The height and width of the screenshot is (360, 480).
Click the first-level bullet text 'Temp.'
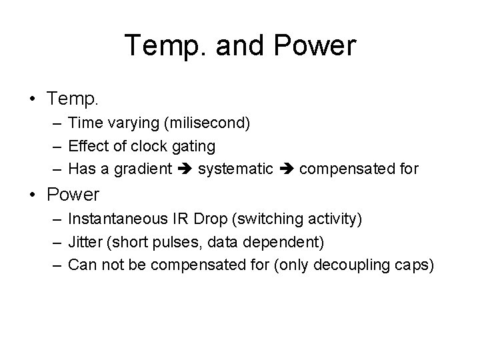73,99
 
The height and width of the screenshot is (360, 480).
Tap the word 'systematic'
235,169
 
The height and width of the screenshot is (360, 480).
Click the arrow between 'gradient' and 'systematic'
185,169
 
